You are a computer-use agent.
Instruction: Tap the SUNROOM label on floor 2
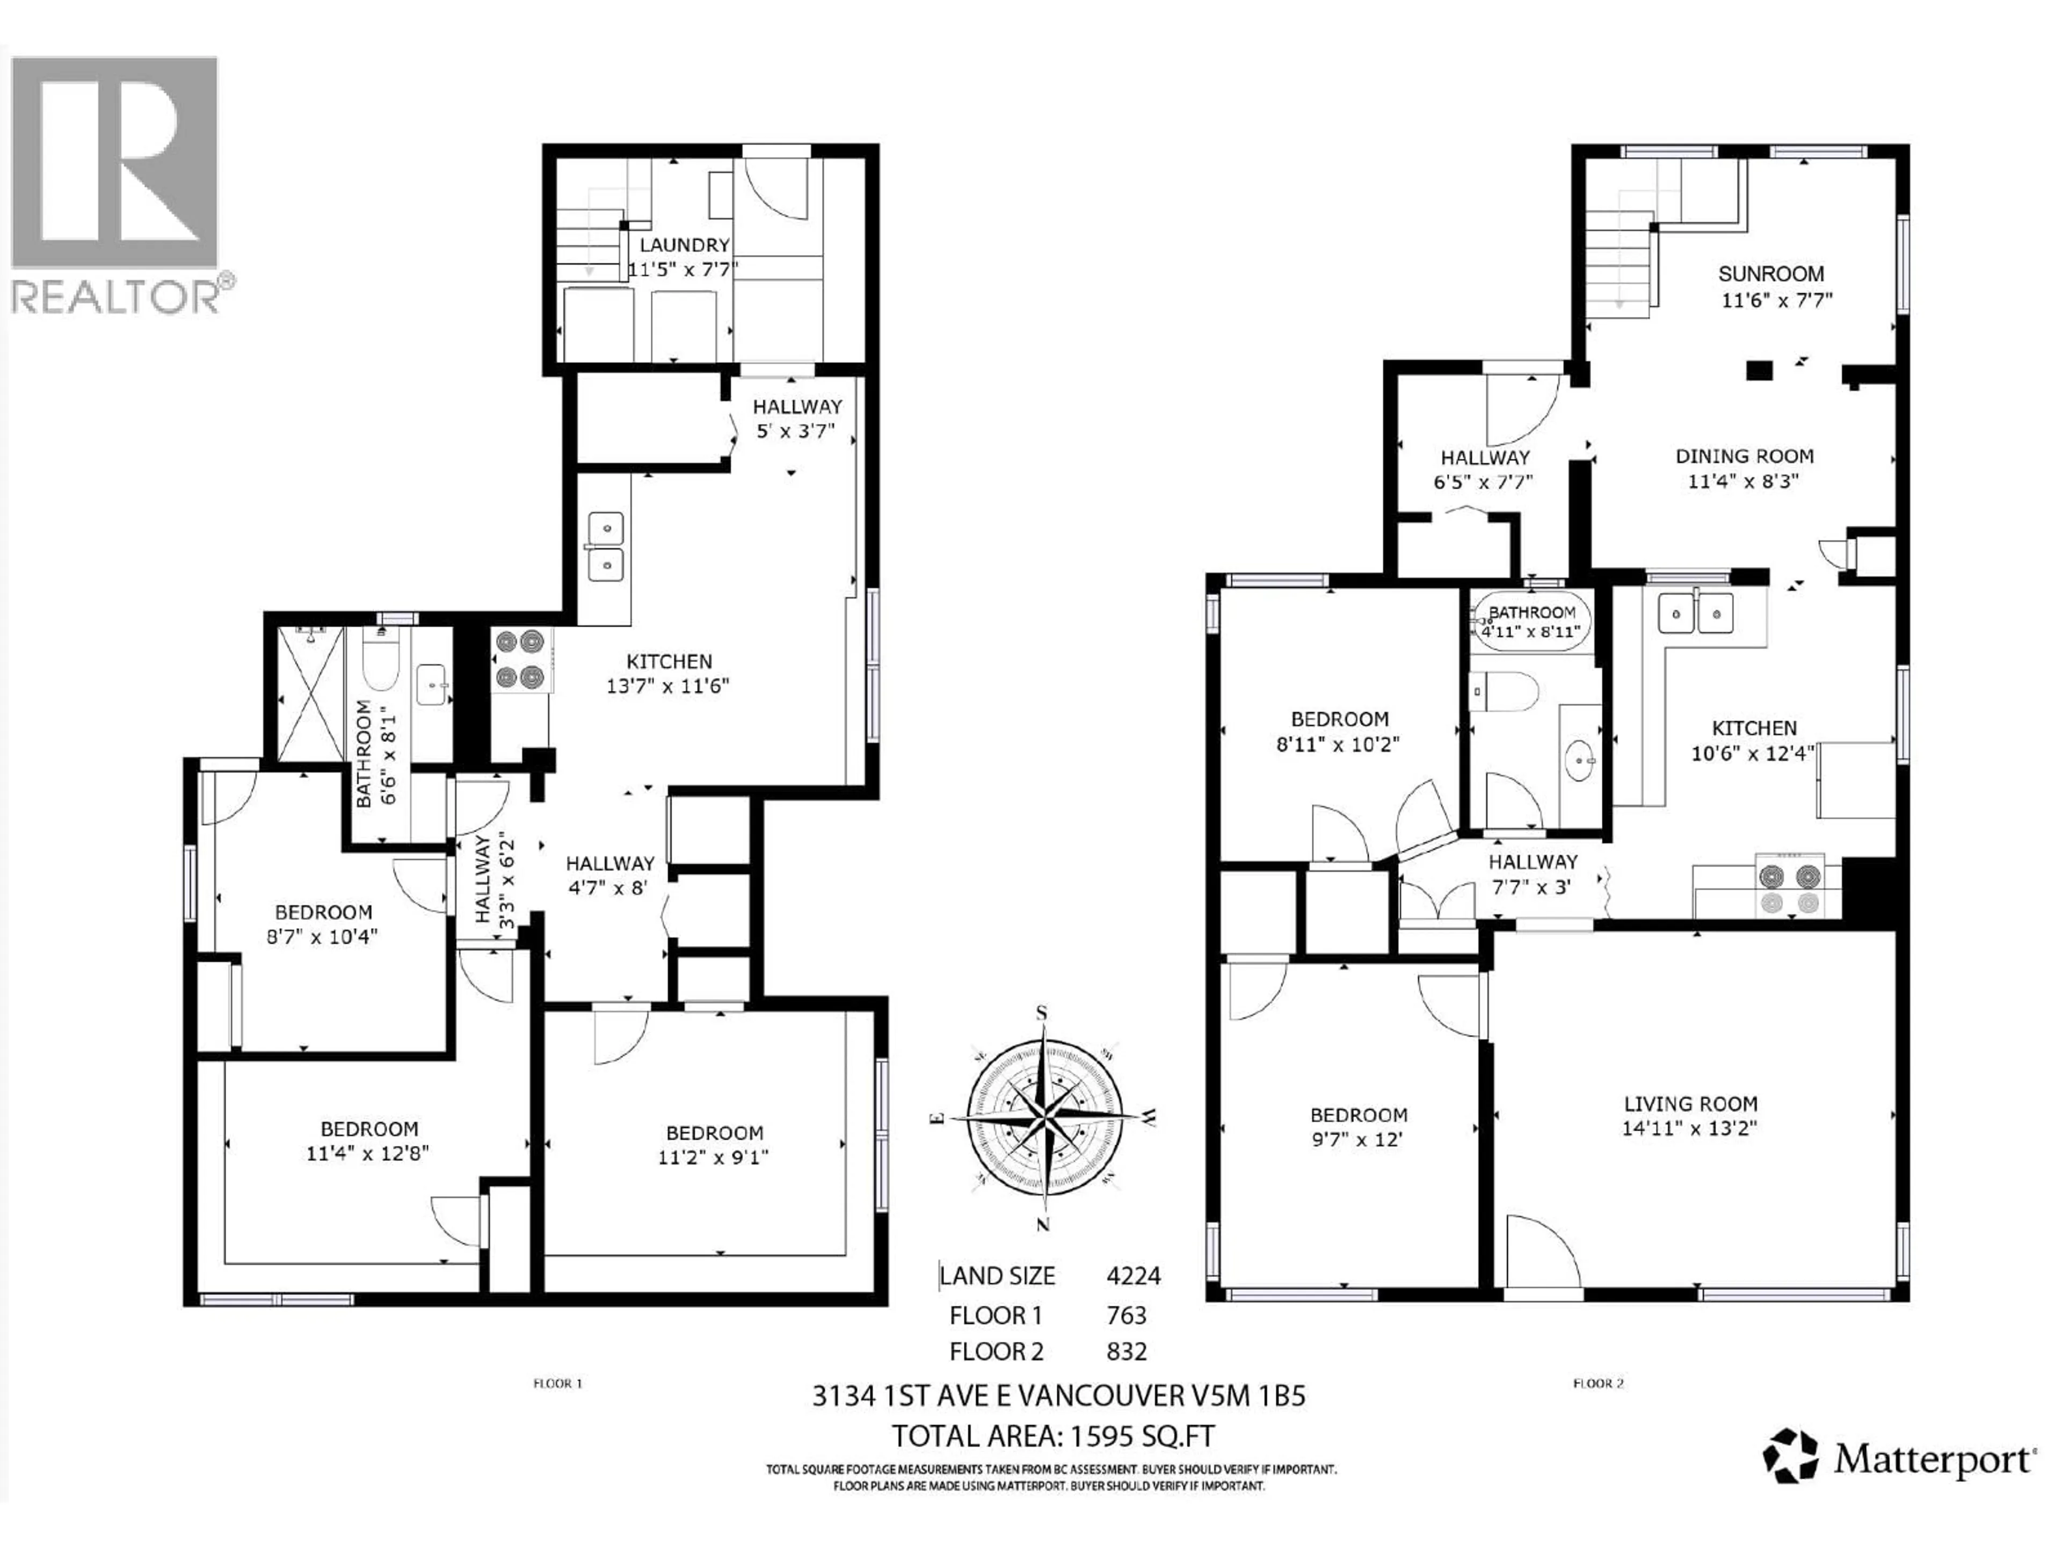1771,274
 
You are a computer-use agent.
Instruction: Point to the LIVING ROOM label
1690,1104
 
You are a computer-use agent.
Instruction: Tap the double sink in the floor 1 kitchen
606,546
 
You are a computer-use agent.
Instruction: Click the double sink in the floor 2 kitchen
1696,613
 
